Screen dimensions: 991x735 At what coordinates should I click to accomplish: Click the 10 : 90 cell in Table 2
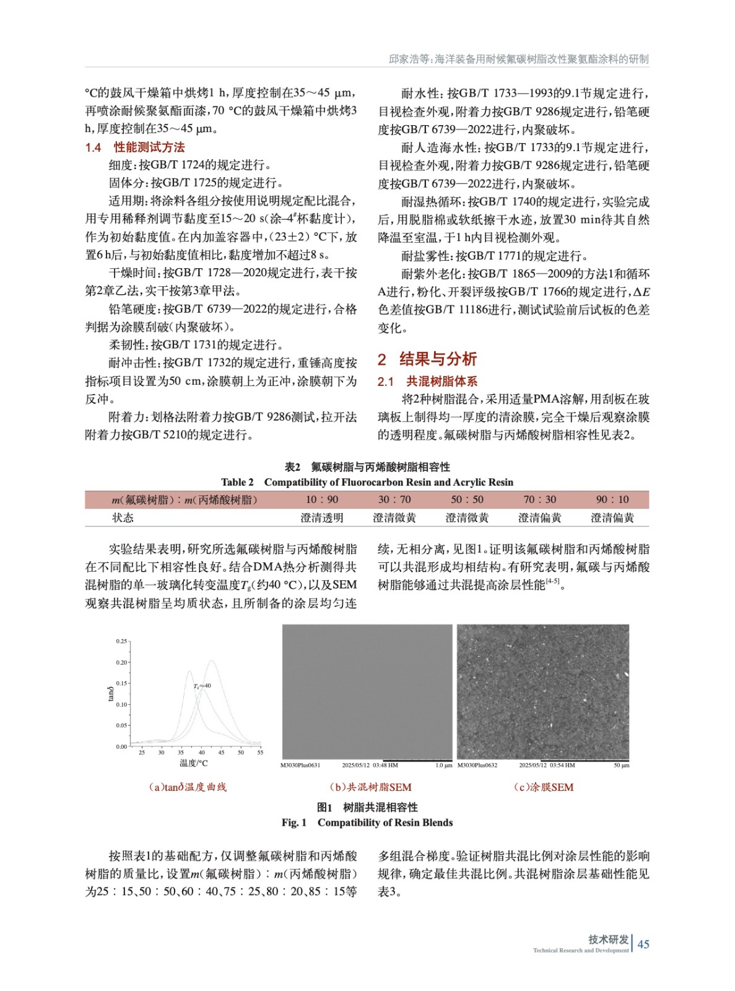(x=322, y=499)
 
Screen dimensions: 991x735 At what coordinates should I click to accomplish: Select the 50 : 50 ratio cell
(x=467, y=499)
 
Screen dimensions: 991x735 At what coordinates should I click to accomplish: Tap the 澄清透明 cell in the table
(x=322, y=518)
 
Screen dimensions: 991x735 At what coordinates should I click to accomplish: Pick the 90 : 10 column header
(x=612, y=499)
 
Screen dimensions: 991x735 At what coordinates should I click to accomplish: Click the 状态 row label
(x=123, y=518)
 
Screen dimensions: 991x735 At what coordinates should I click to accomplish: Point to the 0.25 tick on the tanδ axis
(x=121, y=641)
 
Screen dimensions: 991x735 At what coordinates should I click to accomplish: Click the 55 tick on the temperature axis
(x=260, y=753)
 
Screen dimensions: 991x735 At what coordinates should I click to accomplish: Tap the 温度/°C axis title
(x=194, y=763)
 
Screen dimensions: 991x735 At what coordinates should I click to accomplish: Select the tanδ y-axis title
(x=111, y=694)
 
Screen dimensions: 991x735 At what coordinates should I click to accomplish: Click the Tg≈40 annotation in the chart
(x=202, y=686)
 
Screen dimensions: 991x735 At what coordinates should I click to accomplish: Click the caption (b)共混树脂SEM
(x=370, y=787)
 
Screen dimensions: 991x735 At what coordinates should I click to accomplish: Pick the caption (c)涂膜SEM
(x=544, y=787)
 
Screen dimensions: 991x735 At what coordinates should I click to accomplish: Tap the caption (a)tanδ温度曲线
(x=188, y=787)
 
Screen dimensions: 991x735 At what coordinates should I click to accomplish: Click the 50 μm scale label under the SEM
(x=621, y=766)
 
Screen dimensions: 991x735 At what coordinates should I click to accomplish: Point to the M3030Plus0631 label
(x=300, y=766)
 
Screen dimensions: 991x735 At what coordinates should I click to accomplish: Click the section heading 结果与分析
(x=438, y=359)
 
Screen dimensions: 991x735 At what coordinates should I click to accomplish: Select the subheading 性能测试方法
(x=149, y=147)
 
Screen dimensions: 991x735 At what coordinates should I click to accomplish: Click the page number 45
(x=643, y=944)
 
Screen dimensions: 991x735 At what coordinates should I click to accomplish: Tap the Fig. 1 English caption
(x=367, y=823)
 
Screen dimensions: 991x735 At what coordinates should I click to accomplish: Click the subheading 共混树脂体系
(x=441, y=382)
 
